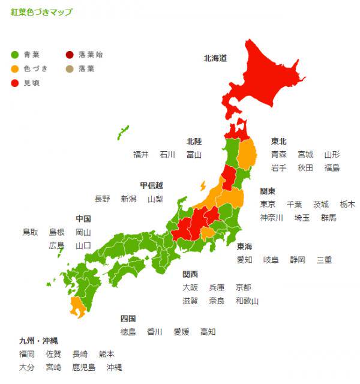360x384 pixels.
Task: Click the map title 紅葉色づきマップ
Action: coord(41,12)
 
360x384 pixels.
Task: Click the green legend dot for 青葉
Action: coord(15,55)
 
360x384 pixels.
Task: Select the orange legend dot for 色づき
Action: coord(15,68)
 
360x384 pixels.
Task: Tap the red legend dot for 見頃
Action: coord(15,82)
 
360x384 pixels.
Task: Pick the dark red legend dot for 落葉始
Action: coord(70,55)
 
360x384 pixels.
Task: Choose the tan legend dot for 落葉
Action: coord(70,68)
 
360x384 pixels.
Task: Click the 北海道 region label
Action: coord(215,58)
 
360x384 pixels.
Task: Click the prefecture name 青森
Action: coord(278,154)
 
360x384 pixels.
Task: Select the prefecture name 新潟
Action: coord(128,199)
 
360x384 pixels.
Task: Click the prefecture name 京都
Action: coord(244,287)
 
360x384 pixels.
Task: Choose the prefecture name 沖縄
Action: coord(114,367)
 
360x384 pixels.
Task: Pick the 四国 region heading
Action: coord(128,318)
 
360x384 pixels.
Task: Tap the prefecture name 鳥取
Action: coord(30,232)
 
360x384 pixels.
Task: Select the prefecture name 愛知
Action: coord(244,260)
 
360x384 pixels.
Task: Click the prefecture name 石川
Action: coord(167,154)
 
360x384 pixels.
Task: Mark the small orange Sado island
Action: coord(203,185)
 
